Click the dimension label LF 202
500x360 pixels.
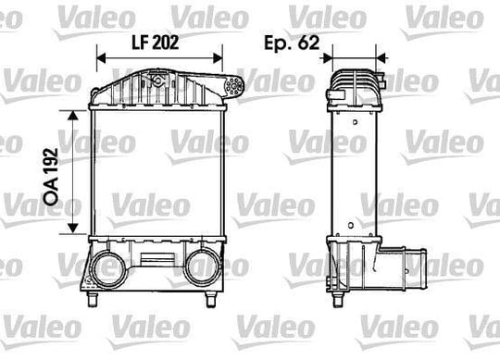pyautogui.click(x=156, y=43)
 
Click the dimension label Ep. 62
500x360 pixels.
pyautogui.click(x=292, y=43)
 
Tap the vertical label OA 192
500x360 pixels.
pyautogui.click(x=51, y=177)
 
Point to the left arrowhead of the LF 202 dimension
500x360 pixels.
pyautogui.click(x=101, y=58)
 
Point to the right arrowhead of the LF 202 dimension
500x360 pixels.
pyautogui.click(x=219, y=58)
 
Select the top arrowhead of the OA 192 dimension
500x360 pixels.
pyautogui.click(x=73, y=115)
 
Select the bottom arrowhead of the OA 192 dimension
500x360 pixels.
pyautogui.click(x=73, y=228)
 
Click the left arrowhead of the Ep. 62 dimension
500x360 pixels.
pyautogui.click(x=328, y=58)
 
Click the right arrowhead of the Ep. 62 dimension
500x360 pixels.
pyautogui.click(x=381, y=58)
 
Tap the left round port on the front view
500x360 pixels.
pyautogui.click(x=108, y=268)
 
